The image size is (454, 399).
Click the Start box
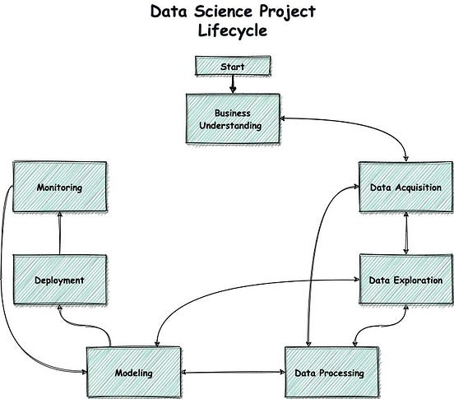coord(232,65)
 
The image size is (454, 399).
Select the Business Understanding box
coord(233,118)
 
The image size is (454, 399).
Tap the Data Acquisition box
coord(405,187)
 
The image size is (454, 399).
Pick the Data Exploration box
coord(405,280)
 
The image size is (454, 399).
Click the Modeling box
coord(133,373)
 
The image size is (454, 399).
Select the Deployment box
coord(59,280)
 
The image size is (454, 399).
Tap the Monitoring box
coord(59,187)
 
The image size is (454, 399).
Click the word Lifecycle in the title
coord(232,32)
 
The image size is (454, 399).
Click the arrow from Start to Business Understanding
coord(233,83)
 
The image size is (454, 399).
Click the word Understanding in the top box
coord(233,125)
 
